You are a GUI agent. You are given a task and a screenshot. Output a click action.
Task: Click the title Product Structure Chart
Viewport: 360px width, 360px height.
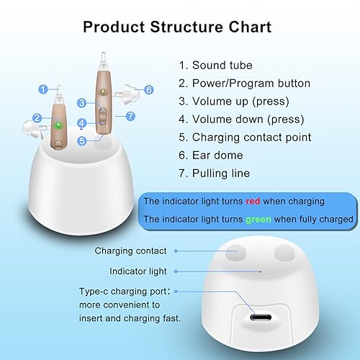(x=177, y=27)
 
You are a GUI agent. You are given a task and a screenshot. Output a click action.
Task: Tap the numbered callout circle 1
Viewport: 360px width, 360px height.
(x=43, y=89)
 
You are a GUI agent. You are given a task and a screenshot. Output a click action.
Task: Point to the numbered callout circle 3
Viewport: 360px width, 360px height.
(x=82, y=104)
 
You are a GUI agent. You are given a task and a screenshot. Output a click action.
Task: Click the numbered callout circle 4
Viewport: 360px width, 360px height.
(x=82, y=123)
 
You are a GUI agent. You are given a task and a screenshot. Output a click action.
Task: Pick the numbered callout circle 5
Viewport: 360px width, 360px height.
(x=82, y=141)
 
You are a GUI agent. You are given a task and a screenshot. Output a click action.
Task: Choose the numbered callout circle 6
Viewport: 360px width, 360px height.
(x=149, y=89)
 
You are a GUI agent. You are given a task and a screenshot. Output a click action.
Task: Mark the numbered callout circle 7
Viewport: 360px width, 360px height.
(x=130, y=116)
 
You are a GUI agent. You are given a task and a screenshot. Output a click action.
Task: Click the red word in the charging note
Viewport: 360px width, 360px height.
(x=252, y=202)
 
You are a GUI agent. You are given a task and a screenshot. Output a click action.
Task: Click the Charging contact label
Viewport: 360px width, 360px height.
(x=130, y=251)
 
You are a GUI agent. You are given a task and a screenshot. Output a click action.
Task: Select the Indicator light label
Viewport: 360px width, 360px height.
(x=138, y=271)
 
